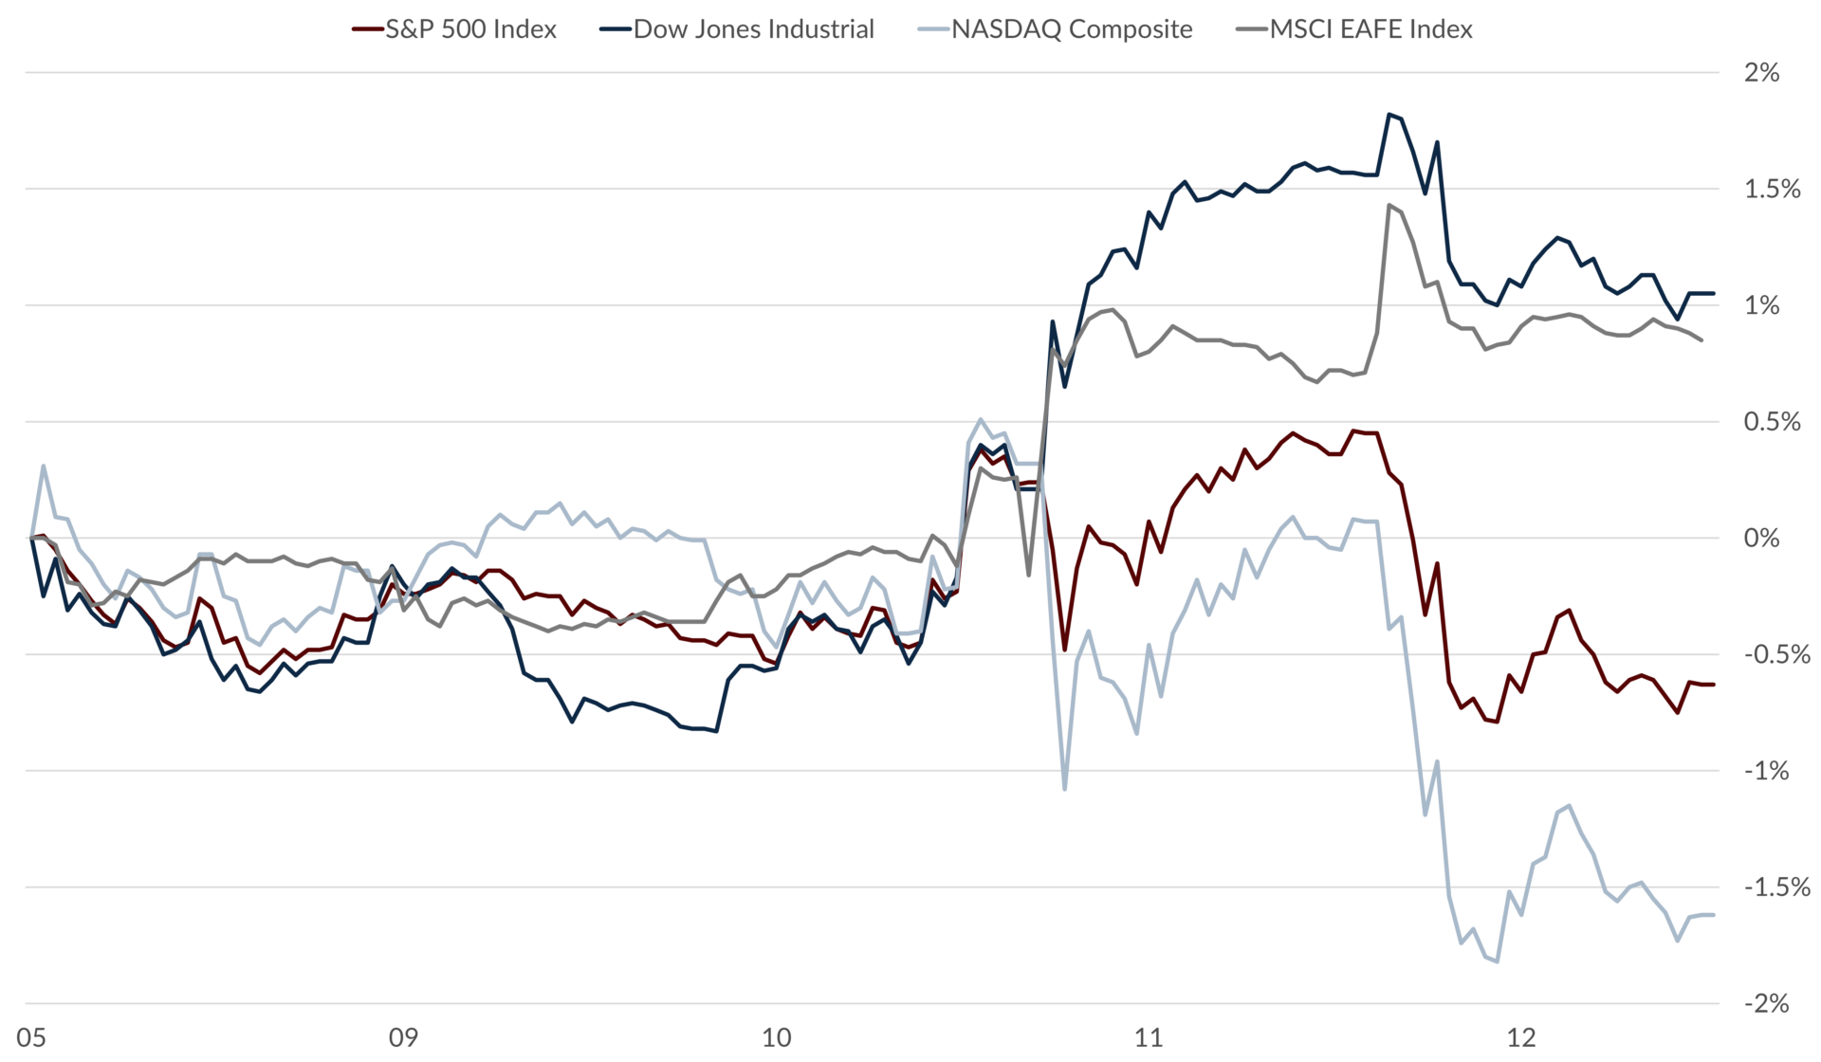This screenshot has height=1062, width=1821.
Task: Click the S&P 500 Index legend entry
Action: (x=454, y=29)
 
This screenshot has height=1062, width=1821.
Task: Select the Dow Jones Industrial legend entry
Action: (x=737, y=29)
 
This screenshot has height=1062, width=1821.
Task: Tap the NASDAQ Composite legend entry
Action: (x=1056, y=29)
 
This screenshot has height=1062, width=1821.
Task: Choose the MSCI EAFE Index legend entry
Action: (x=1355, y=29)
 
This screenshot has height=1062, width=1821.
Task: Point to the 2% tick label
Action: (x=1761, y=73)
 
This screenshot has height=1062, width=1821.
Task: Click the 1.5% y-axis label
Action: (x=1772, y=190)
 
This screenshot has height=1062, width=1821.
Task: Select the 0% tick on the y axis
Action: (x=1761, y=539)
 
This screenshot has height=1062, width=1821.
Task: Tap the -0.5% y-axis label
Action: (x=1776, y=655)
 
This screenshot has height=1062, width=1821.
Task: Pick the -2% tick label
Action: (x=1766, y=1004)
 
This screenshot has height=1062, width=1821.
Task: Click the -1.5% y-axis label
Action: (x=1776, y=888)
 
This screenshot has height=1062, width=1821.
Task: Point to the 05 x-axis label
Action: (x=31, y=1038)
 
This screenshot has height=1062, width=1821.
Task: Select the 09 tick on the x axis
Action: (x=403, y=1038)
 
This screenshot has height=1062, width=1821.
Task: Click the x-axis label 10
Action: (x=776, y=1038)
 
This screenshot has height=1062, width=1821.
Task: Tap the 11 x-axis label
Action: (x=1149, y=1038)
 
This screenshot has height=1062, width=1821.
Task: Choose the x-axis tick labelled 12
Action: (x=1521, y=1038)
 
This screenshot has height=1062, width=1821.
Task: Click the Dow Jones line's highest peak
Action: (x=1389, y=115)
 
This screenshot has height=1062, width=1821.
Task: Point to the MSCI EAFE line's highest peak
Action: (x=1389, y=205)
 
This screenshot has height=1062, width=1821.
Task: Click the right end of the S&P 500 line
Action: (x=1713, y=685)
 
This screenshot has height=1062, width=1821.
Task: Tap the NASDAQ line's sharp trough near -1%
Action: (x=1065, y=788)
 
